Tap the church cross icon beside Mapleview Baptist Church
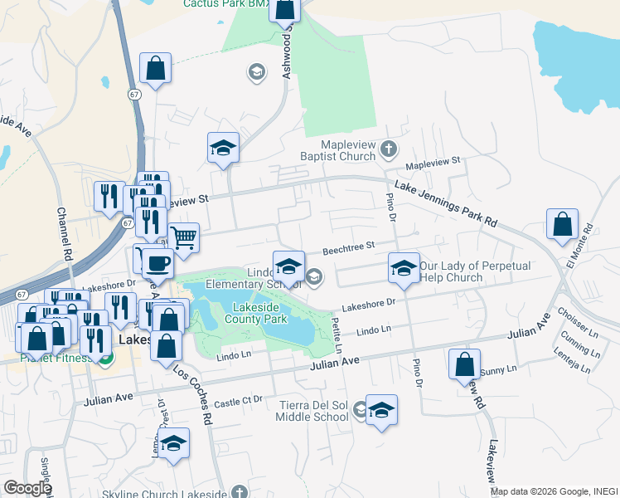[x=389, y=150]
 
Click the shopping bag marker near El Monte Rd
[x=563, y=225]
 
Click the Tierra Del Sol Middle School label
[x=313, y=410]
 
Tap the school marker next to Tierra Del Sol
[x=380, y=410]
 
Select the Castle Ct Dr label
[x=239, y=403]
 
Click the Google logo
[x=27, y=489]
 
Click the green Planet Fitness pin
[x=105, y=358]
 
